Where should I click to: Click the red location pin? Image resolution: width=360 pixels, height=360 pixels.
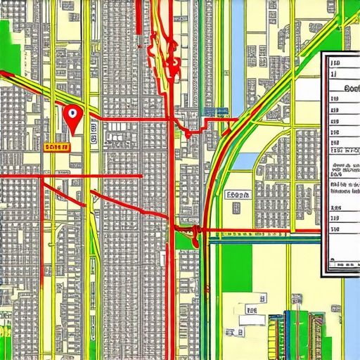click(x=72, y=115)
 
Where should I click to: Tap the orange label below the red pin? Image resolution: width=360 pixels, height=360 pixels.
click(x=56, y=146)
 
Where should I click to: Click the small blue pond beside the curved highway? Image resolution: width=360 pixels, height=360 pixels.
click(x=241, y=160)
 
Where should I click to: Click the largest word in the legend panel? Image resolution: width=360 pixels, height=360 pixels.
click(x=349, y=89)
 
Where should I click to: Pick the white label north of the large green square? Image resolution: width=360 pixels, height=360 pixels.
click(x=238, y=195)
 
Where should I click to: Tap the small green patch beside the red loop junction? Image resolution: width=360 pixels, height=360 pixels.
click(x=184, y=241)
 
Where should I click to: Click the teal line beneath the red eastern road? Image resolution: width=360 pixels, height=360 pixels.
click(x=267, y=237)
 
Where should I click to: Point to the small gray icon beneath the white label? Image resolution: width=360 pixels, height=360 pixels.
click(x=236, y=207)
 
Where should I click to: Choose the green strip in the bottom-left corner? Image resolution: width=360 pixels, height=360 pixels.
click(x=6, y=330)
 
